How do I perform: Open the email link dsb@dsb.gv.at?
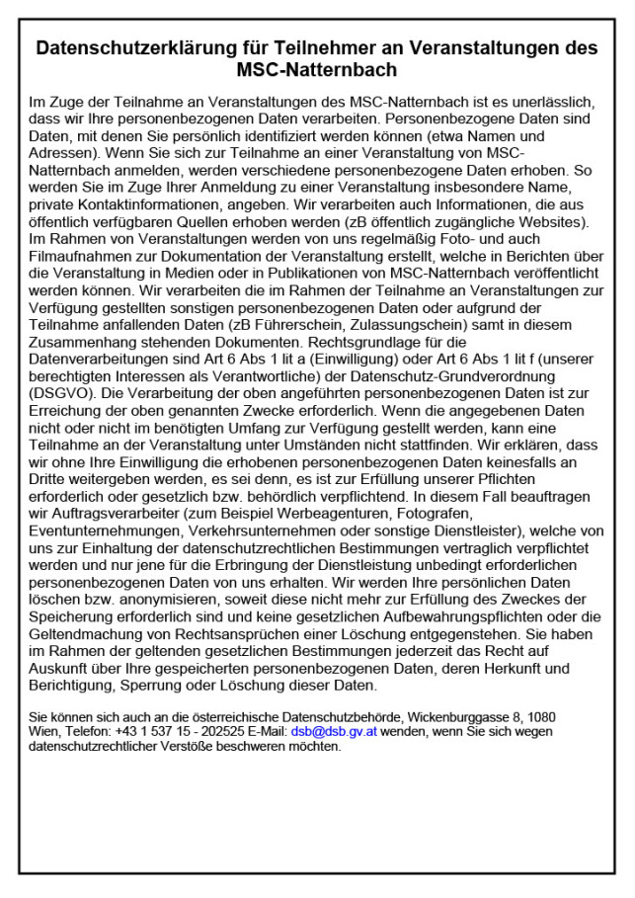(334, 732)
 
